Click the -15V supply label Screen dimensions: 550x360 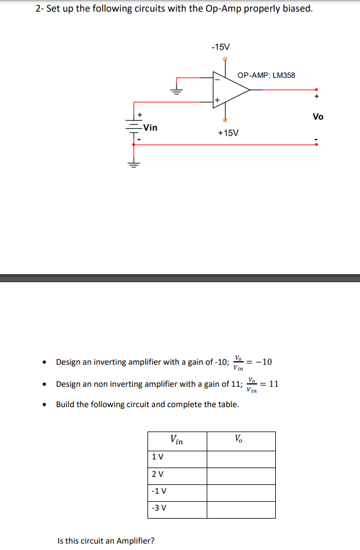click(221, 46)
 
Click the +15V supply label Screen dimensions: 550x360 click(228, 133)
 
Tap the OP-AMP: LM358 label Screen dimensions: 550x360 click(266, 75)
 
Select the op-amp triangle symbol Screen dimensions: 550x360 click(229, 89)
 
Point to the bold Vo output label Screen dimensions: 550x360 click(318, 117)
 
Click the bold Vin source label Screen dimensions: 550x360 click(150, 128)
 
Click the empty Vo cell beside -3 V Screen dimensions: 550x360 click(241, 509)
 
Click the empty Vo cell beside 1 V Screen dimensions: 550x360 click(241, 459)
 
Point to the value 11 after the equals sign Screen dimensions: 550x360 click(273, 384)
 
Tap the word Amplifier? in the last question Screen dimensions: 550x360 click(135, 541)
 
